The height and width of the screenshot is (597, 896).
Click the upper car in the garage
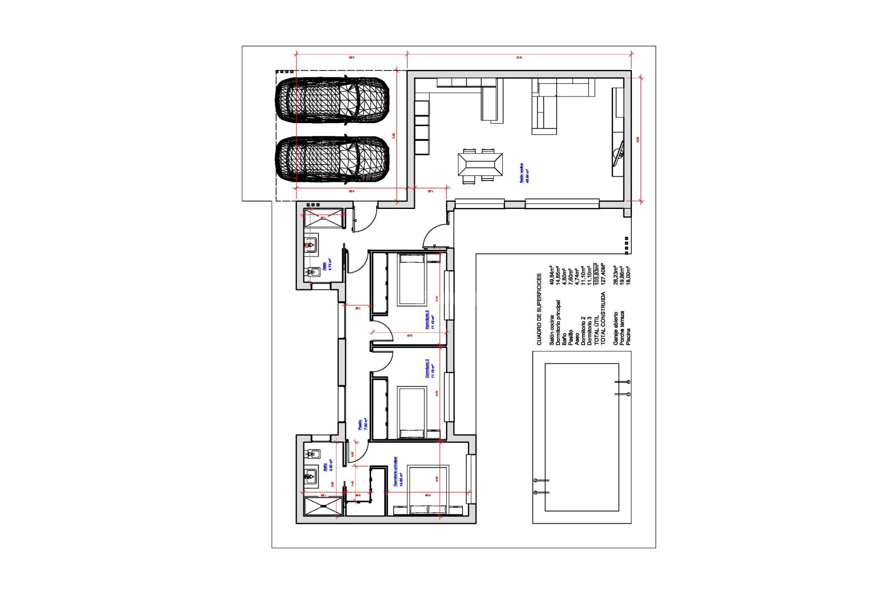(332, 100)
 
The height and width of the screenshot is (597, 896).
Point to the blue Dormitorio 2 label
(430, 368)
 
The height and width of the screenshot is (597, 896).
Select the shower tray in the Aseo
(323, 218)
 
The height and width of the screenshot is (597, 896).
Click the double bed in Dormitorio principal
(428, 489)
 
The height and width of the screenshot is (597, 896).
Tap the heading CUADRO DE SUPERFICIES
(539, 309)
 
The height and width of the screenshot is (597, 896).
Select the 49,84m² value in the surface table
(552, 275)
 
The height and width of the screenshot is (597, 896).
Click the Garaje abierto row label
(616, 328)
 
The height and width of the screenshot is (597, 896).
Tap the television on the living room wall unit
(620, 153)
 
